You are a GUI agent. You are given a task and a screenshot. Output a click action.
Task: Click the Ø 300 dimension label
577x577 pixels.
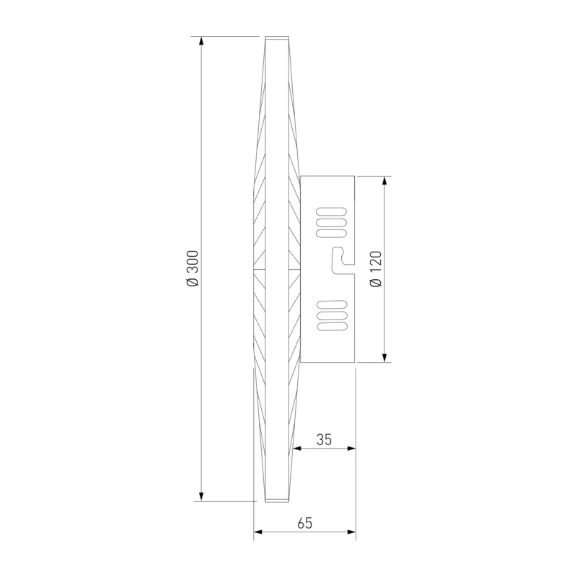(193, 268)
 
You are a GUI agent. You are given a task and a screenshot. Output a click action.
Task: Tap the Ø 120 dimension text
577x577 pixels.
(376, 269)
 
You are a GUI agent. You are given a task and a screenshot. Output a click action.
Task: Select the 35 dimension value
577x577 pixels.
(324, 439)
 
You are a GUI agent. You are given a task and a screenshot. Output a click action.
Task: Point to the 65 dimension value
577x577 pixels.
(304, 523)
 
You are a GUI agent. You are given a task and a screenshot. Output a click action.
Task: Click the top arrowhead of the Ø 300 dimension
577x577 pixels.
(201, 40)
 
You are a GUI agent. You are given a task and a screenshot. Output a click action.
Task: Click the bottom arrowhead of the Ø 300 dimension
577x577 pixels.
(201, 497)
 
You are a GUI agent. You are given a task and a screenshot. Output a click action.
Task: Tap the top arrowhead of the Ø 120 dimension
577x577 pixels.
(384, 180)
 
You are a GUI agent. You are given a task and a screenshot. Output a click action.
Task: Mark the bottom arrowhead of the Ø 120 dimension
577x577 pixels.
(384, 358)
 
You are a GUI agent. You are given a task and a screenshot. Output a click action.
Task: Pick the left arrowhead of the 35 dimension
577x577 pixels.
(297, 448)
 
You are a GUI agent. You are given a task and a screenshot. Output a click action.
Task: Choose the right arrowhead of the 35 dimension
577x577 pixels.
(351, 448)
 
